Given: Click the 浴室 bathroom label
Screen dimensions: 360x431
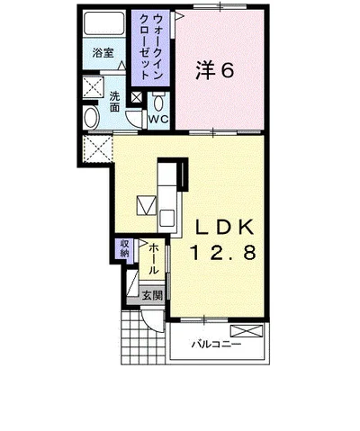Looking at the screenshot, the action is click(103, 53).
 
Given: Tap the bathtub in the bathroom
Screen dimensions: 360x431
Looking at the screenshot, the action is click(104, 23).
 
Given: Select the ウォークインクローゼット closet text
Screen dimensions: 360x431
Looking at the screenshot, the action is click(151, 47).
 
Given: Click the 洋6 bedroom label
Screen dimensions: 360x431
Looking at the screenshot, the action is click(214, 70).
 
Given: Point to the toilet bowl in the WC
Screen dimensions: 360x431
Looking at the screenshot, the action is click(158, 102).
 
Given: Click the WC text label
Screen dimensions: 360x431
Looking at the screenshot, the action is click(158, 119).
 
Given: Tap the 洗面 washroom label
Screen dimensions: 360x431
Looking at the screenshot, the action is click(114, 102).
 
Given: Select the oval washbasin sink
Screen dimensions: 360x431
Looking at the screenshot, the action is click(92, 118).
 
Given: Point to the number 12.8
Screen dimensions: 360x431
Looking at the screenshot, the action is click(223, 253).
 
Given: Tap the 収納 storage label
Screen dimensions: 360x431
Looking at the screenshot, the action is click(124, 248).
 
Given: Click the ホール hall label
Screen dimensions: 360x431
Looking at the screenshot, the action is click(154, 259).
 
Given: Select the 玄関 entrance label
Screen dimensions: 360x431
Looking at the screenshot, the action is click(152, 295).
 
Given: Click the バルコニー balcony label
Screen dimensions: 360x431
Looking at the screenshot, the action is click(216, 344).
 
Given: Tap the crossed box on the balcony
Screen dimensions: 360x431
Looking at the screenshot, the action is click(247, 331).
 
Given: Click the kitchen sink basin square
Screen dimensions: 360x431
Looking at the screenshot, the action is click(167, 218).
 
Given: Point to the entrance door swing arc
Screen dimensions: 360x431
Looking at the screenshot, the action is click(150, 325).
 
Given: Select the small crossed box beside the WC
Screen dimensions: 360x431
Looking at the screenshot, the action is click(137, 97).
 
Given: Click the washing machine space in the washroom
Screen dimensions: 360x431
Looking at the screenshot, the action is click(93, 87).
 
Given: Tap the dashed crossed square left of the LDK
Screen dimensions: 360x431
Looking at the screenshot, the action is click(96, 149).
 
